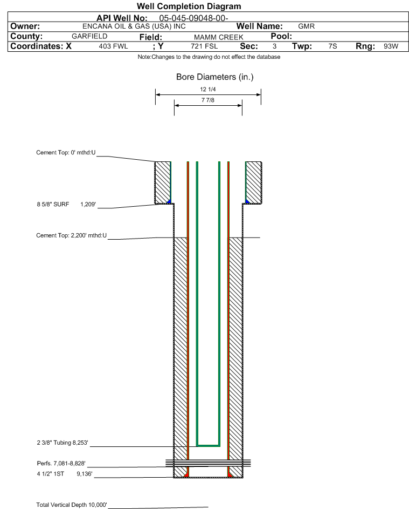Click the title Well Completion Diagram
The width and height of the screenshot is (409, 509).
[189, 6]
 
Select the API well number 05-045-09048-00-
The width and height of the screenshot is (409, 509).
[193, 18]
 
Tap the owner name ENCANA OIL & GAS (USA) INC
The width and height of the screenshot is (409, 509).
[134, 26]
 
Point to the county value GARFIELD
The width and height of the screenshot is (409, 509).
[89, 36]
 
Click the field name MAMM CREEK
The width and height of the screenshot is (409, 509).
[218, 37]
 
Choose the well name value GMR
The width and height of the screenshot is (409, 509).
[306, 26]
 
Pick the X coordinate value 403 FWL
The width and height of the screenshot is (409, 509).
[113, 46]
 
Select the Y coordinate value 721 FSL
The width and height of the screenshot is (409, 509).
[204, 46]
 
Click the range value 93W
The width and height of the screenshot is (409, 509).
[391, 46]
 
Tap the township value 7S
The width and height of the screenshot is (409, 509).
[332, 46]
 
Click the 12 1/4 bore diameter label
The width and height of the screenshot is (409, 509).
[208, 89]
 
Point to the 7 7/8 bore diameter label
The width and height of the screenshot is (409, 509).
[208, 100]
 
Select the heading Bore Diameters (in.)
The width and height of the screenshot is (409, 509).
[215, 77]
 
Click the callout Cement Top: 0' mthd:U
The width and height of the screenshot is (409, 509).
[66, 153]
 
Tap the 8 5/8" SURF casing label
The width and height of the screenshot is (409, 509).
[53, 204]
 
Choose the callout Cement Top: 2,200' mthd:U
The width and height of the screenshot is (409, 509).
[71, 235]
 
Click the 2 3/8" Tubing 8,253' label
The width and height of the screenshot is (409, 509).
[63, 443]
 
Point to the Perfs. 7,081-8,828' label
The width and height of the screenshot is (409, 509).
[61, 463]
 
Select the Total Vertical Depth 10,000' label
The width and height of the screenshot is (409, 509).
[72, 505]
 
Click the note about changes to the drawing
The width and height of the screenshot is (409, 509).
[209, 57]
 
